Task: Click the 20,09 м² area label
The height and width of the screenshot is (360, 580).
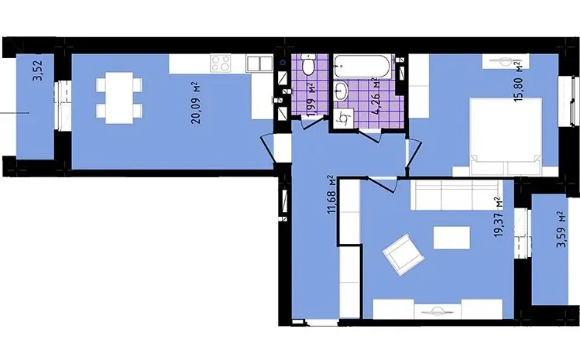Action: pyautogui.click(x=196, y=103)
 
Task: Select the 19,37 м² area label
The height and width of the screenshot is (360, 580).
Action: pyautogui.click(x=499, y=218)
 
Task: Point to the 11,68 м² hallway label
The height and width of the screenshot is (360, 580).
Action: pyautogui.click(x=331, y=194)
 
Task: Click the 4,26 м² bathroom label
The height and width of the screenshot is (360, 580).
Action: pyautogui.click(x=378, y=97)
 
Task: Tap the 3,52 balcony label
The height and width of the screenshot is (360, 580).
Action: pyautogui.click(x=38, y=70)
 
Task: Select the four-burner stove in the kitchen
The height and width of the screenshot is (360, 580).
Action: pyautogui.click(x=221, y=63)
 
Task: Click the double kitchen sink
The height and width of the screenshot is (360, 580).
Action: pyautogui.click(x=259, y=63)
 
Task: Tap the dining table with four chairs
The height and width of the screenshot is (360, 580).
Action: pyautogui.click(x=119, y=98)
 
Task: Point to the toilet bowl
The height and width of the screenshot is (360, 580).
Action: pyautogui.click(x=307, y=64)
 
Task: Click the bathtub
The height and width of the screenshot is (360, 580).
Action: pyautogui.click(x=362, y=67)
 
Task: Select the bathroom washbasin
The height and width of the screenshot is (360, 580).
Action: pyautogui.click(x=341, y=91)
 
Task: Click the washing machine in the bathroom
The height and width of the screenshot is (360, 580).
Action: pyautogui.click(x=344, y=118)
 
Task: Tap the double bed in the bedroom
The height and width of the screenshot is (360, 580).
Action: pyautogui.click(x=506, y=136)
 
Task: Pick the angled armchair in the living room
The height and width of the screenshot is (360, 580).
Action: pyautogui.click(x=403, y=255)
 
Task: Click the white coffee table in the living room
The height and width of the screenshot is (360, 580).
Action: pyautogui.click(x=451, y=238)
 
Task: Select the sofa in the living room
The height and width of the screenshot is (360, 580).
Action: pyautogui.click(x=457, y=195)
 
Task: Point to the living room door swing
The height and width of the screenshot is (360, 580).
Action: pyautogui.click(x=382, y=185)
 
